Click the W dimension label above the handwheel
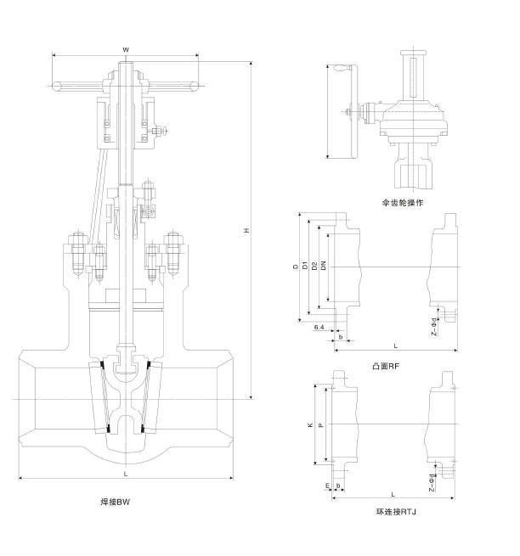126,50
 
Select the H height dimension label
246,231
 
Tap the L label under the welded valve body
125,474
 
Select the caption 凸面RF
386,366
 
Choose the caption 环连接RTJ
396,512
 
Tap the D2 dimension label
314,267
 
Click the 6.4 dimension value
319,327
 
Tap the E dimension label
327,486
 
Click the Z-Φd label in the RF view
433,322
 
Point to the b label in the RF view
340,337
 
